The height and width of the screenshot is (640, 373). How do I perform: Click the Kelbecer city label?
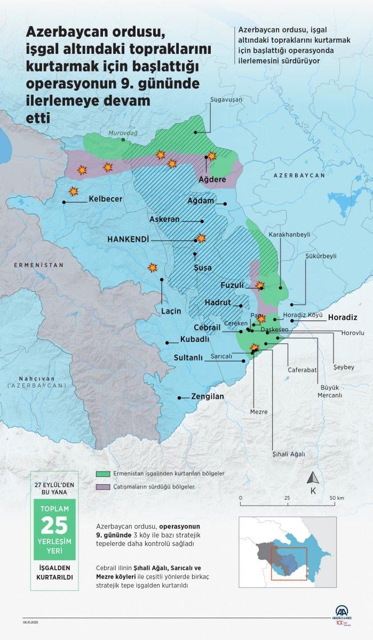[105, 199]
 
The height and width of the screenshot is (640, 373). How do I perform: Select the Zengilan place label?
[208, 397]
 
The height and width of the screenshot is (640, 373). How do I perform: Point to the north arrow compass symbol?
[314, 478]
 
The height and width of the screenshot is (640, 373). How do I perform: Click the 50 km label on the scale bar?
[336, 498]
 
